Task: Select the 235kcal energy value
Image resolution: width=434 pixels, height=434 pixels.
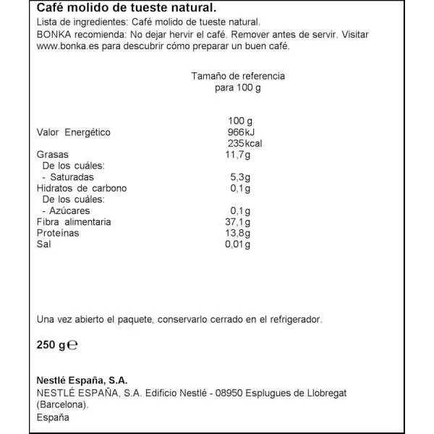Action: pos(244,143)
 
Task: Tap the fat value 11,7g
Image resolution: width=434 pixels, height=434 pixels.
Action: pos(238,155)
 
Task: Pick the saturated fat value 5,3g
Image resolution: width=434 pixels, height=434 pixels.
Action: pos(240,177)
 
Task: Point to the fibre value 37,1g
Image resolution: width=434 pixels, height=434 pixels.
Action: pos(238,222)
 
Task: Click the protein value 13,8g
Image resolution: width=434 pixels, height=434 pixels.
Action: pos(238,234)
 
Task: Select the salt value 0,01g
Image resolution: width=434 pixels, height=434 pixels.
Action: pos(238,245)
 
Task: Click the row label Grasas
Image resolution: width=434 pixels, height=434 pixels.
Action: pos(52,155)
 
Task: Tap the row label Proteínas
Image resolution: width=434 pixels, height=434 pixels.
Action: pos(58,234)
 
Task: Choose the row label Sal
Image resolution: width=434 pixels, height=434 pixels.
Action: pos(43,245)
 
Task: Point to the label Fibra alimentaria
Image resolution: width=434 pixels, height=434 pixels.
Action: pos(74,222)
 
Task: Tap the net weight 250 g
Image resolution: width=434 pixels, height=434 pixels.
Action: pos(50,345)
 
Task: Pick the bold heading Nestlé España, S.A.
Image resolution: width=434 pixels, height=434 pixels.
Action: pos(81,380)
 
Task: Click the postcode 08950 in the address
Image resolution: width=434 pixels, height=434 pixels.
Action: pos(229,393)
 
